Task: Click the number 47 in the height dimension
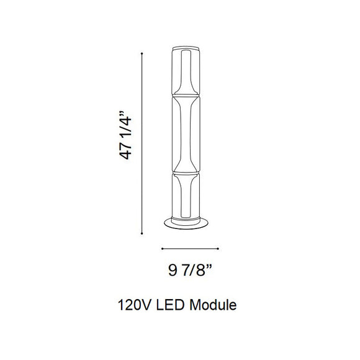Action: [x=127, y=151]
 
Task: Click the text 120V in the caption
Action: [x=132, y=306]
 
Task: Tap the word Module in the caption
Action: [x=214, y=306]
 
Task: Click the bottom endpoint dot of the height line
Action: [x=143, y=234]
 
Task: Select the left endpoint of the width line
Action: [x=161, y=250]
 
